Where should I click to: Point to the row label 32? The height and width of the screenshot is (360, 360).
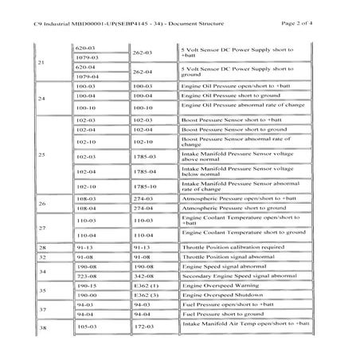click(41, 258)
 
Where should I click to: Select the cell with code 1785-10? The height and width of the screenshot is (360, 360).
click(143, 187)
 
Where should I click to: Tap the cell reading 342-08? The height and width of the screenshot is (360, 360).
click(143, 275)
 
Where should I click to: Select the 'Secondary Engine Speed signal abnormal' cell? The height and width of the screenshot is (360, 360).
click(239, 275)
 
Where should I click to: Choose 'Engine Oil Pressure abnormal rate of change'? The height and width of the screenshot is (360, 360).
click(243, 105)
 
